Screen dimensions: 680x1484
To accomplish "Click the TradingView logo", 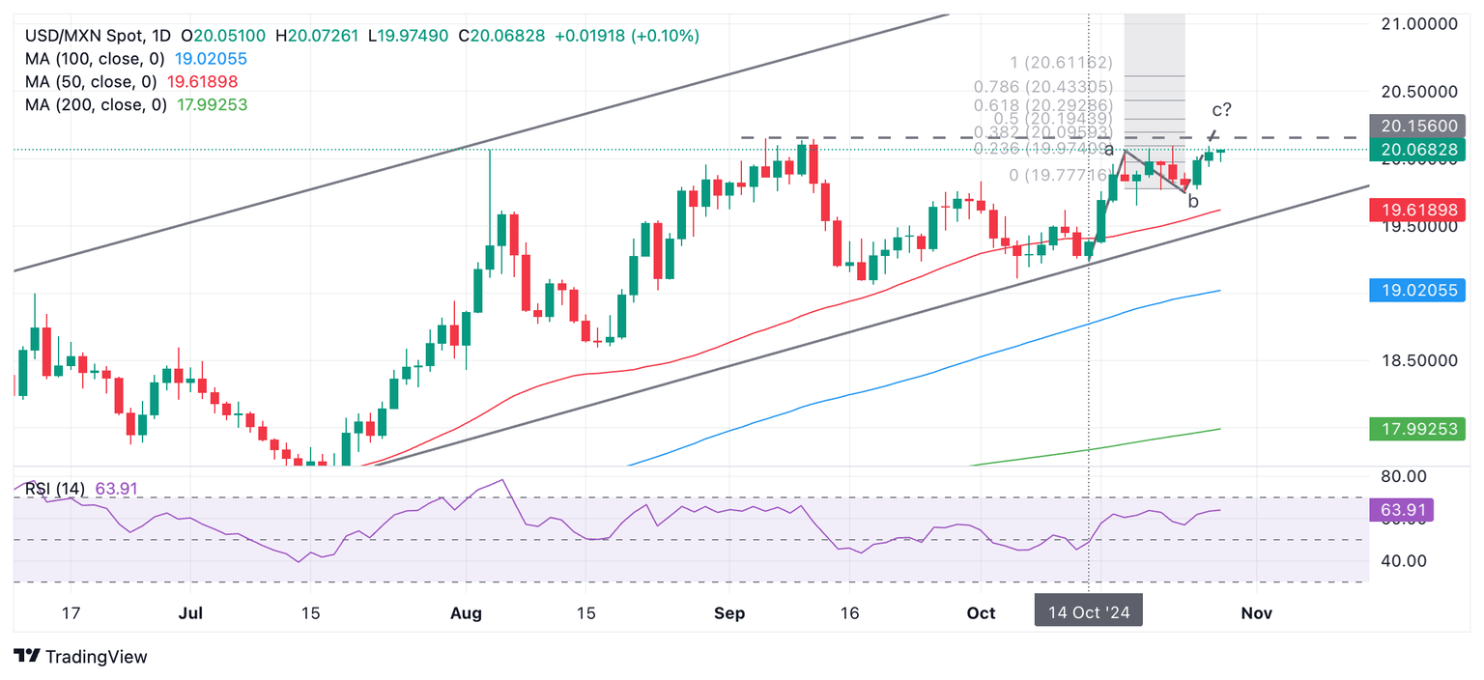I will (x=81, y=657).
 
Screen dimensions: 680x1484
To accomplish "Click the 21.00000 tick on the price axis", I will (x=1416, y=23).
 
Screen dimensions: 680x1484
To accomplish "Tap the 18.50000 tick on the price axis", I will (x=1416, y=360).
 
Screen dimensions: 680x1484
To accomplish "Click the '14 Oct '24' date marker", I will (x=1089, y=612).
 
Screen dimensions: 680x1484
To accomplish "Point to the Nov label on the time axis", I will (x=1256, y=613).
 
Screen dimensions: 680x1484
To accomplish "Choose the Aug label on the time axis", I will (x=467, y=613).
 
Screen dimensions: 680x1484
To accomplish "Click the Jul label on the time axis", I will (x=191, y=613).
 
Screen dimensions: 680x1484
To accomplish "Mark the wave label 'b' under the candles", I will (x=1193, y=202).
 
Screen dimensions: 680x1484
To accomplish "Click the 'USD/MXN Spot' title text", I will (x=81, y=36).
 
